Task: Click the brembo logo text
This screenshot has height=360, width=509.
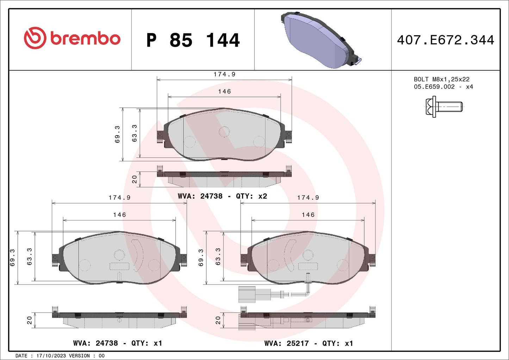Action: pyautogui.click(x=85, y=38)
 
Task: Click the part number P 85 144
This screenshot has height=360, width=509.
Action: pyautogui.click(x=193, y=40)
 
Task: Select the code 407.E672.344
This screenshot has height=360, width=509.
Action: pyautogui.click(x=446, y=40)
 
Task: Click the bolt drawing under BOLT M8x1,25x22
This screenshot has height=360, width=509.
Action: pyautogui.click(x=444, y=107)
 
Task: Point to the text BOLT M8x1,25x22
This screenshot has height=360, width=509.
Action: pyautogui.click(x=441, y=80)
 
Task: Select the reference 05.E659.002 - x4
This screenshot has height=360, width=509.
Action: pyautogui.click(x=443, y=87)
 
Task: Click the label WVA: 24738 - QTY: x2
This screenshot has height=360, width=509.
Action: pyautogui.click(x=222, y=196)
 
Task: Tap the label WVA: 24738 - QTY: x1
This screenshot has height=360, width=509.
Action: pyautogui.click(x=118, y=343)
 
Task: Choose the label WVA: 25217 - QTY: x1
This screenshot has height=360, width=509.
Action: pyautogui.click(x=309, y=343)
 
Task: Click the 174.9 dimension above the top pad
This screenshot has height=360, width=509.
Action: pyautogui.click(x=224, y=74)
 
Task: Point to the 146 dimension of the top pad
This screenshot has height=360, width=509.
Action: pyautogui.click(x=224, y=92)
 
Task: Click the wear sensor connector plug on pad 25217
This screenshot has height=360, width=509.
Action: pyautogui.click(x=247, y=294)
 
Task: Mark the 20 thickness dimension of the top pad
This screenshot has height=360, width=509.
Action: pyautogui.click(x=134, y=180)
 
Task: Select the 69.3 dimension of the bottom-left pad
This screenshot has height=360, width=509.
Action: pyautogui.click(x=12, y=257)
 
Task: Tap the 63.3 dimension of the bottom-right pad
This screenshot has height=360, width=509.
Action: pyautogui.click(x=218, y=256)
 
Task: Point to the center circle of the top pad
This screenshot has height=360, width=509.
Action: pyautogui.click(x=224, y=132)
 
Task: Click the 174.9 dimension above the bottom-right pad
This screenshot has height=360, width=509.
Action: pyautogui.click(x=308, y=198)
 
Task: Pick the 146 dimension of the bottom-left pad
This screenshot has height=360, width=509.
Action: pyautogui.click(x=119, y=215)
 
